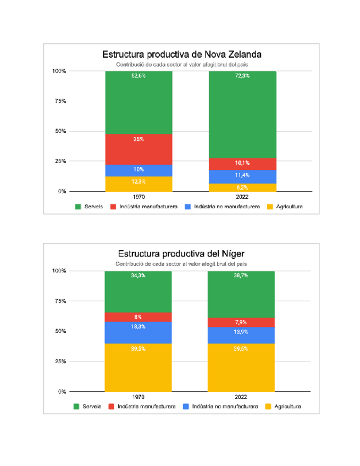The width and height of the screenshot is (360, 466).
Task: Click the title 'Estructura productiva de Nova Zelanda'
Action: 181,54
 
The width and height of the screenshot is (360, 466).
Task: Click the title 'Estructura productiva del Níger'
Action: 181,254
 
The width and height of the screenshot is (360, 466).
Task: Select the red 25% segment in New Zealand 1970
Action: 139,149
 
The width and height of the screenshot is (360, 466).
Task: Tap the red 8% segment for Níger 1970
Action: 139,317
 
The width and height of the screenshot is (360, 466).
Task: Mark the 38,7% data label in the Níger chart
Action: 241,275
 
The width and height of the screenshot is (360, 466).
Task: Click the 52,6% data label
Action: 139,76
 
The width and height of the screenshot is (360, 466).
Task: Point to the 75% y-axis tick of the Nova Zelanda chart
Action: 59,101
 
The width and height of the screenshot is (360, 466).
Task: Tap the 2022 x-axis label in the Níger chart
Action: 241,397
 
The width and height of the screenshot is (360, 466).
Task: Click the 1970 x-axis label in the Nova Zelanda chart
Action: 139,197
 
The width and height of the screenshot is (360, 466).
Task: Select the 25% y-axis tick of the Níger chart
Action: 59,362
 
